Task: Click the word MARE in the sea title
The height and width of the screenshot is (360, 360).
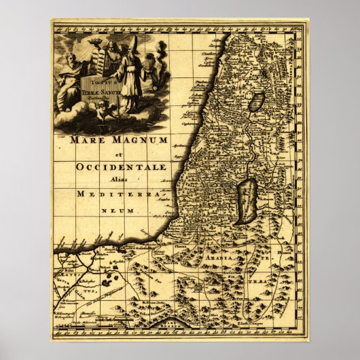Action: (86, 141)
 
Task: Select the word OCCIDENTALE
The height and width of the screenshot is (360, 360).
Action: (112, 166)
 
